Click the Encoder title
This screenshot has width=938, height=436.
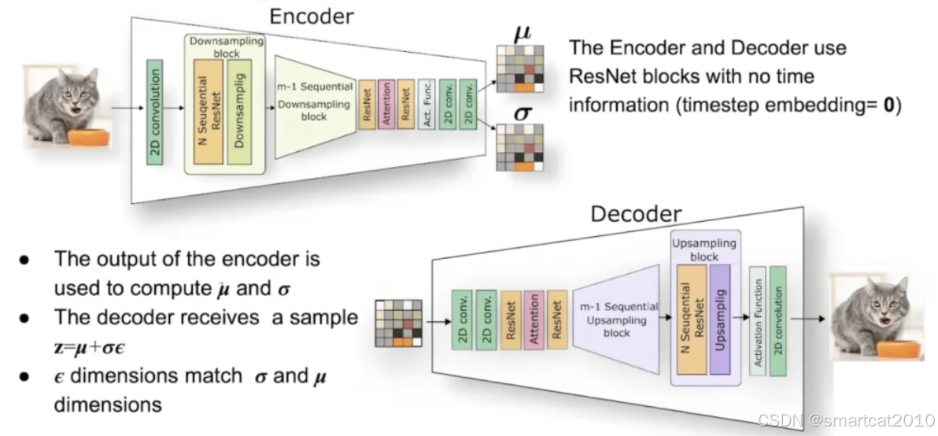click(311, 16)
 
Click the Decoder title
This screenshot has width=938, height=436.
click(636, 213)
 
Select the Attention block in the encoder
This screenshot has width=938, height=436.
click(386, 104)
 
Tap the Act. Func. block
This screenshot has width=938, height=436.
click(426, 104)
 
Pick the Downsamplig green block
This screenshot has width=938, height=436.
click(239, 111)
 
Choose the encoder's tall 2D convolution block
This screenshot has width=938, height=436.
click(155, 111)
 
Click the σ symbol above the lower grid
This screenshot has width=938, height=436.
click(523, 113)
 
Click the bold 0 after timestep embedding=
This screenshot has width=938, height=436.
click(889, 106)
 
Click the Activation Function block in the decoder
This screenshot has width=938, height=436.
click(757, 322)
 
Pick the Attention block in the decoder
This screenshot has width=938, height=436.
click(534, 320)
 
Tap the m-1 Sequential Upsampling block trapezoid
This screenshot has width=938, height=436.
click(615, 318)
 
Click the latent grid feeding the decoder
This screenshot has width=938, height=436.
click(398, 323)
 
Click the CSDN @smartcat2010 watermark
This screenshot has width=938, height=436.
click(845, 419)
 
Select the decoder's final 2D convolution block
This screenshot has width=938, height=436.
click(778, 322)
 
